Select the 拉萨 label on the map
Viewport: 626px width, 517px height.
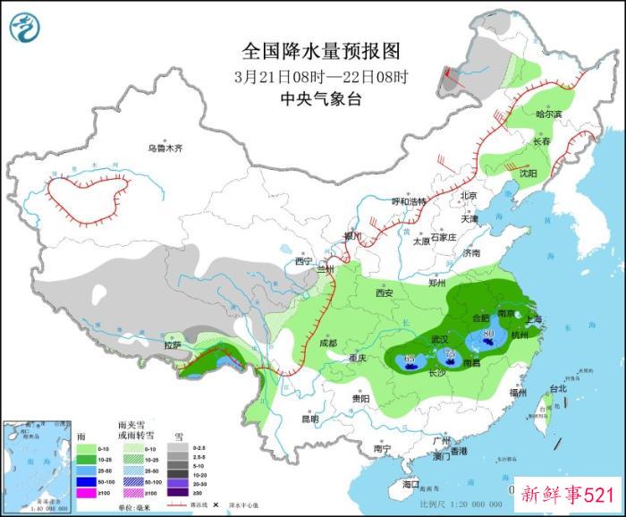point(173,344)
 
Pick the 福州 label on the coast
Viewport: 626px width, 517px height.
point(517,393)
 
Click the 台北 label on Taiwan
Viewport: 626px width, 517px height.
point(557,389)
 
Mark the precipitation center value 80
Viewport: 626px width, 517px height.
point(488,336)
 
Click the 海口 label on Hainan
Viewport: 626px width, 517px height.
point(411,483)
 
